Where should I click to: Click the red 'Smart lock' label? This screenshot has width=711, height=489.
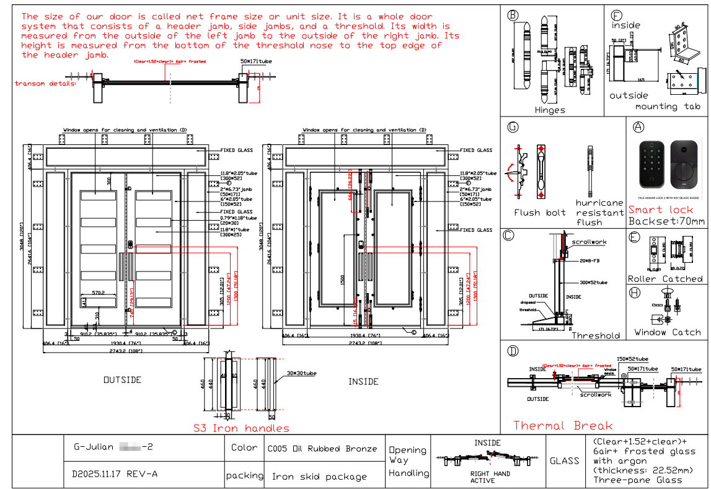[x=661, y=209]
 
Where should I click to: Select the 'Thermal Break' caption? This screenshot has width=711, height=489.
[x=563, y=426]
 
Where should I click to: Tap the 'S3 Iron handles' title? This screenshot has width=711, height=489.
[x=241, y=428]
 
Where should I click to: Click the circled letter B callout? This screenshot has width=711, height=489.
[x=513, y=15]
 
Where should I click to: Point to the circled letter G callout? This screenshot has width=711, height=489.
[x=513, y=127]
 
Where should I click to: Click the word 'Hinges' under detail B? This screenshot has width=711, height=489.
[x=550, y=110]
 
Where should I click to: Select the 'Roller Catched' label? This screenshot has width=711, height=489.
[x=665, y=279]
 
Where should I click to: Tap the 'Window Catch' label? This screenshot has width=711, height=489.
[x=668, y=332]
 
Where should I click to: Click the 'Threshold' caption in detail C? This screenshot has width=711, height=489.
[x=596, y=335]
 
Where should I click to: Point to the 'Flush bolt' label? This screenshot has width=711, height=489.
[x=539, y=213]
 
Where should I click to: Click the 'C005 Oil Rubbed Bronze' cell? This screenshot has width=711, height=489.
[x=322, y=449]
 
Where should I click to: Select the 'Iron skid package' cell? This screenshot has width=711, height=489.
[x=319, y=477]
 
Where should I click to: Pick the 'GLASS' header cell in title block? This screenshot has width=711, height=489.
[x=564, y=461]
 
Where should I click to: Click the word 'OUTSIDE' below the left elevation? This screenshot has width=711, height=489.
[x=122, y=380]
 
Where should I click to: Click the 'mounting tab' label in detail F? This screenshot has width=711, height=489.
[x=668, y=107]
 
